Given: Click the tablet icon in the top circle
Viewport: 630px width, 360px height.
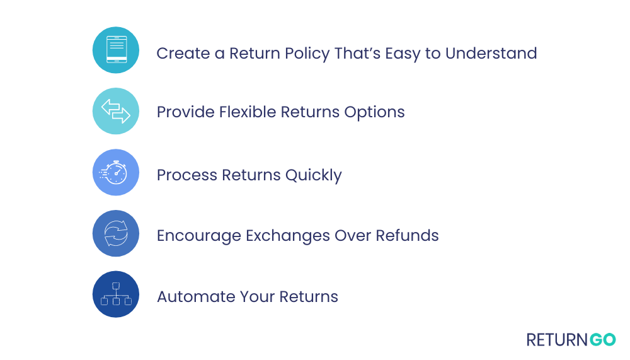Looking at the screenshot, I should pos(116,50).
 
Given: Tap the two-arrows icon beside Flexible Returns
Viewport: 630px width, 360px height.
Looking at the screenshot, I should pos(116,111).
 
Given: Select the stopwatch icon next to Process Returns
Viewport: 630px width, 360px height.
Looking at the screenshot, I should pos(116,172).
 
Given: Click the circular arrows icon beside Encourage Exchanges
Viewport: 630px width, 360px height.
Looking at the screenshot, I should pos(116,233).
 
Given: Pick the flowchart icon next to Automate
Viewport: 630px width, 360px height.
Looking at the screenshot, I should pos(116,294).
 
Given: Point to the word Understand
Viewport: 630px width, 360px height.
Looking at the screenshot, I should pos(491,53).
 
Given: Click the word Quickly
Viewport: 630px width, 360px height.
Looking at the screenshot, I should pos(313,175).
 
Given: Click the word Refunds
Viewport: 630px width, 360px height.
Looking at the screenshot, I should pos(407,236).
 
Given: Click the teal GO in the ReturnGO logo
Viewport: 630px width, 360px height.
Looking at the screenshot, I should pos(602,340).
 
